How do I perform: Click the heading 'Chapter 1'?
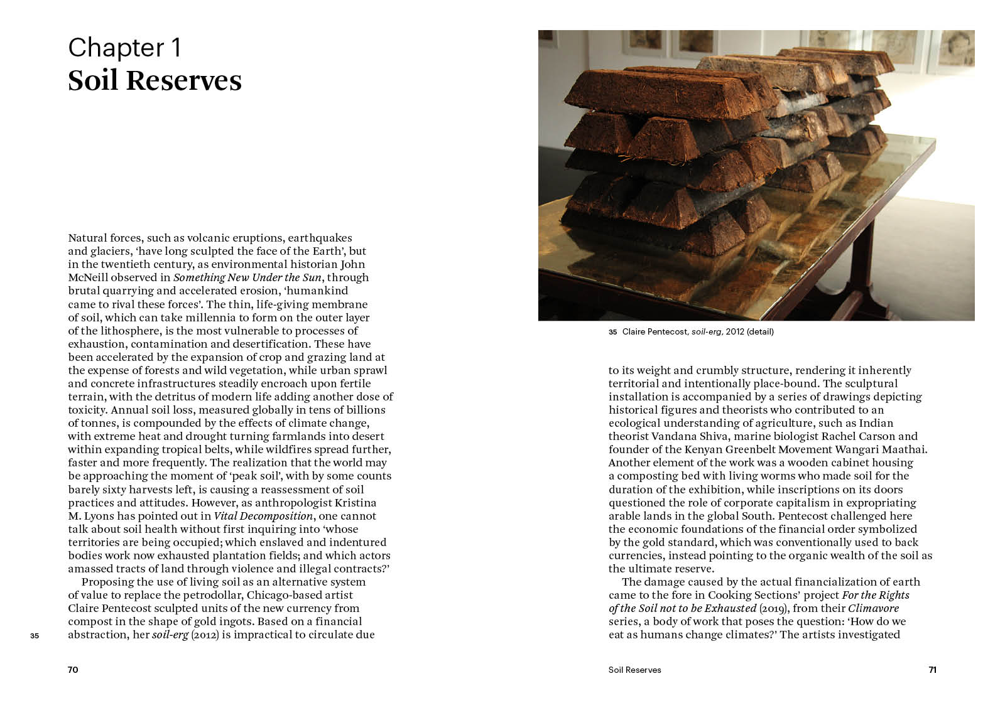pyautogui.click(x=124, y=48)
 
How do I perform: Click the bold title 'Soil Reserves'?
pyautogui.click(x=155, y=81)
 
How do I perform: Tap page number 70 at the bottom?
pyautogui.click(x=73, y=670)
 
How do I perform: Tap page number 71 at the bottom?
pyautogui.click(x=932, y=670)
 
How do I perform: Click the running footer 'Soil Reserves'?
pyautogui.click(x=634, y=670)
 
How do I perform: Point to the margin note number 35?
pyautogui.click(x=35, y=636)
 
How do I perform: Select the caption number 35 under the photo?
pyautogui.click(x=612, y=332)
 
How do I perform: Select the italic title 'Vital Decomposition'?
pyautogui.click(x=263, y=516)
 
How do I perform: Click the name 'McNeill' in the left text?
pyautogui.click(x=88, y=277)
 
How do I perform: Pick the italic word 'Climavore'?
pyautogui.click(x=873, y=608)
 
